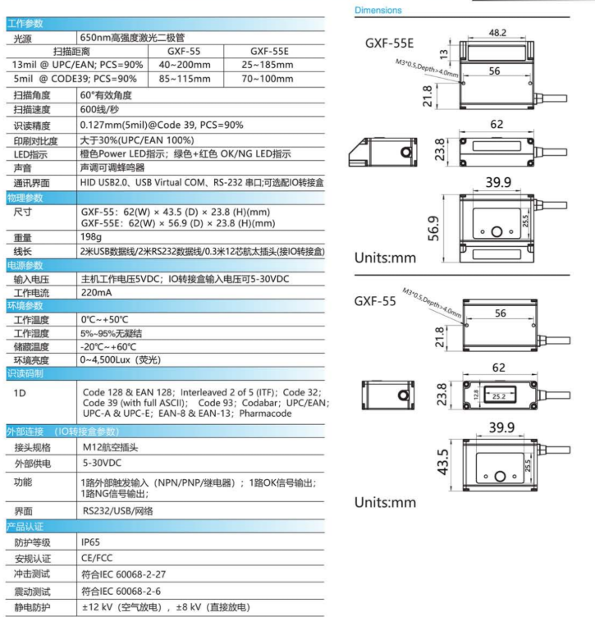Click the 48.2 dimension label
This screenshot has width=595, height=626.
coord(497,34)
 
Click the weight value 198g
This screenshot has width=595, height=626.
coord(93,236)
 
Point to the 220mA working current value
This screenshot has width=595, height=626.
coord(97,292)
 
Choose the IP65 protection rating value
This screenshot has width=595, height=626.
coord(91,541)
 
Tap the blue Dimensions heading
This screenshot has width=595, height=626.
coord(378,11)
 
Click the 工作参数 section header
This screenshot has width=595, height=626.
coord(25,24)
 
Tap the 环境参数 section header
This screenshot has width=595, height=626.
coord(25,305)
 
